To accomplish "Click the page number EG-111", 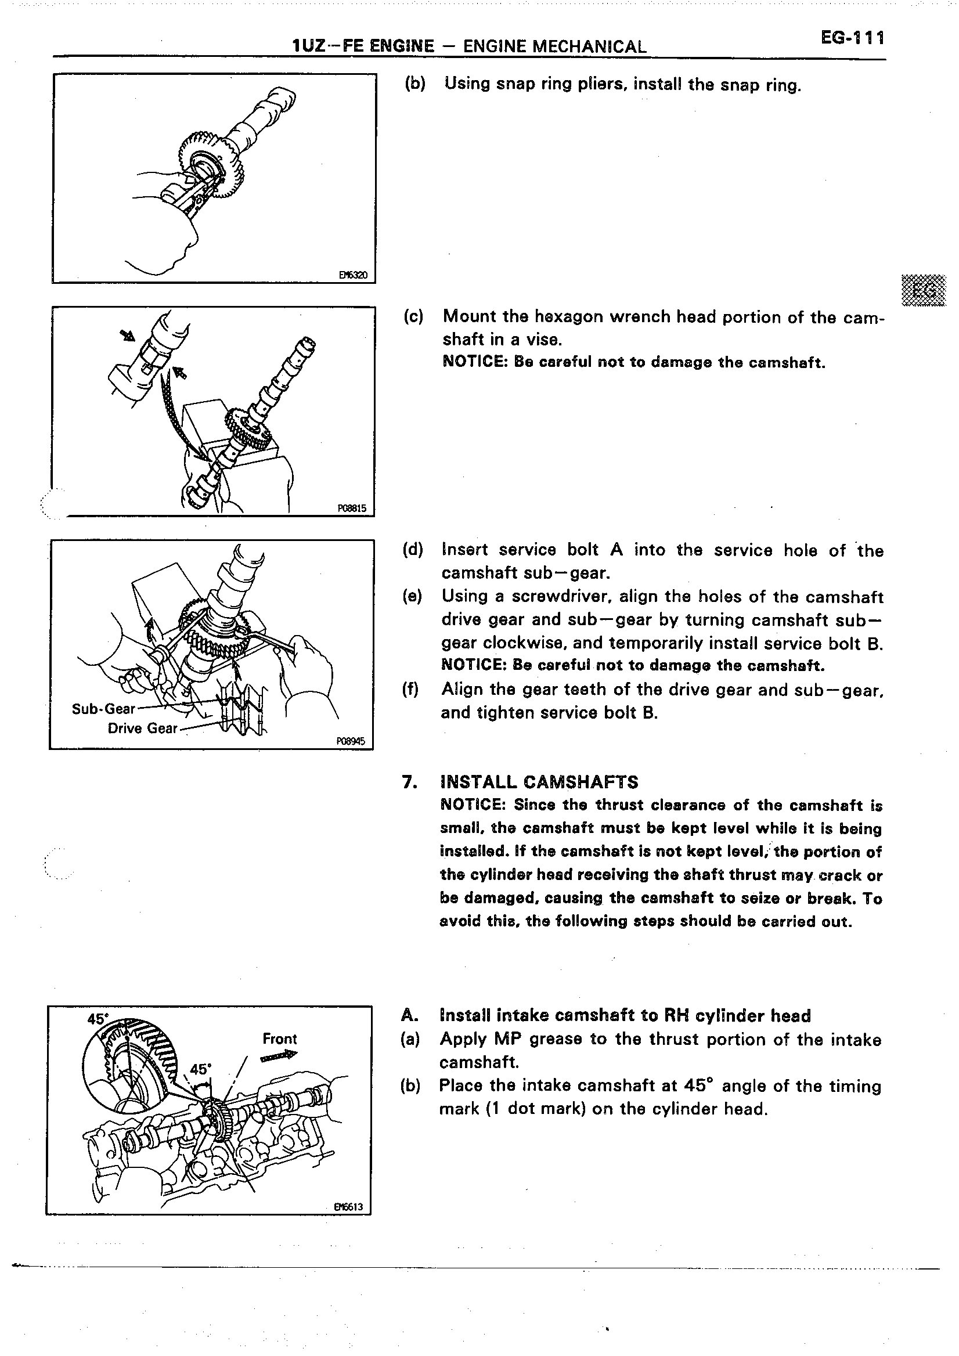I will (x=852, y=38).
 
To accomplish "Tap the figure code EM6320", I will (x=352, y=275).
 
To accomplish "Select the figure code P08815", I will (x=351, y=508).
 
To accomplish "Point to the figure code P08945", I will (x=350, y=741).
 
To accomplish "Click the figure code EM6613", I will (x=348, y=1207).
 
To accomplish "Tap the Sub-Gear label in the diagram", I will (x=103, y=709).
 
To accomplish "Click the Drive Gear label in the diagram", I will (x=142, y=728).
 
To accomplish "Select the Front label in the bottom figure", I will (x=279, y=1038).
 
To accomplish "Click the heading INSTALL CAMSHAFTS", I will (x=539, y=782).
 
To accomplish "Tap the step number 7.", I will (x=408, y=782).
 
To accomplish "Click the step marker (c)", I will (x=413, y=316).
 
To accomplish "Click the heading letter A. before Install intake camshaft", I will (x=409, y=1015).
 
